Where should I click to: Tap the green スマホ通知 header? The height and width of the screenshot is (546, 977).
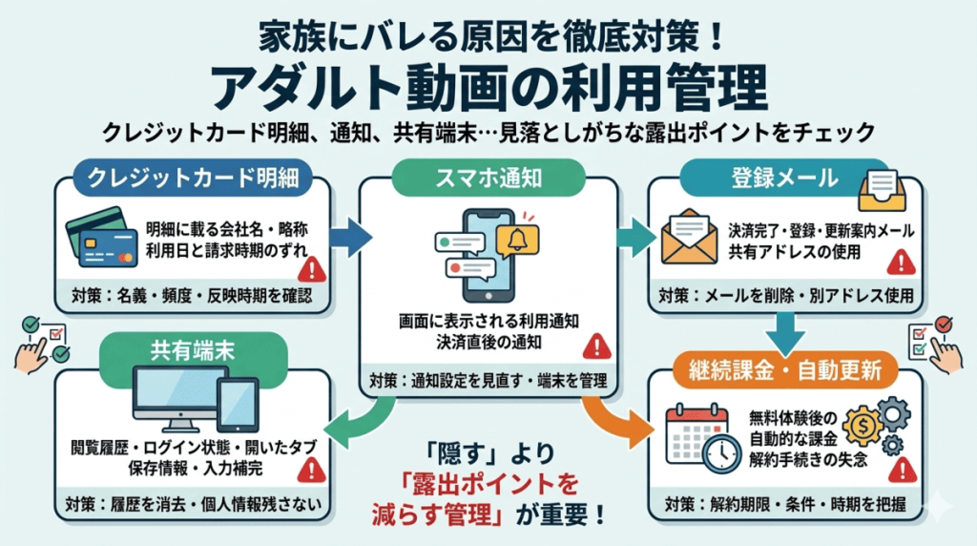coord(488,177)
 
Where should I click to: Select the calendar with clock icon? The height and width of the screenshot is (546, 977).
coord(703,437)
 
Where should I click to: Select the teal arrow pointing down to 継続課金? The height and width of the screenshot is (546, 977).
coord(785,328)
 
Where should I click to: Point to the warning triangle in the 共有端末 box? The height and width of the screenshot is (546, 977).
coord(311,468)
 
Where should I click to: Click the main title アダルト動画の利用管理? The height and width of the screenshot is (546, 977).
coord(488,88)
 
